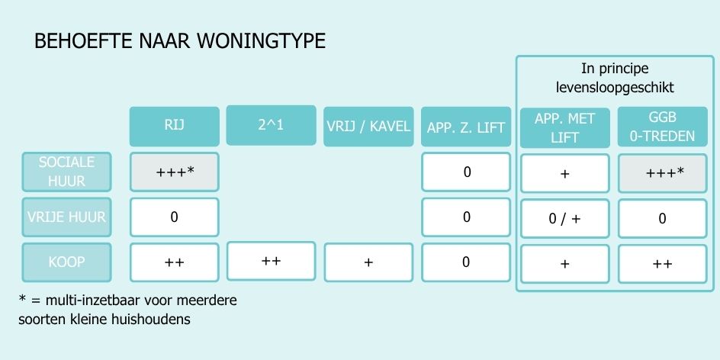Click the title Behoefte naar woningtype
point(180,41)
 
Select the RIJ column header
point(175,127)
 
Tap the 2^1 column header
point(272,125)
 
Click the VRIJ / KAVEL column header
point(368,127)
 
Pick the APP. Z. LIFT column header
point(465,127)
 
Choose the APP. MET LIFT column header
point(565,127)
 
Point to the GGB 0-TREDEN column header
point(662,127)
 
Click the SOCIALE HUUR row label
point(66,172)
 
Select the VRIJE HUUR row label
point(66,217)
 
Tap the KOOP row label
point(66,262)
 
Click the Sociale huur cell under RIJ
point(175,172)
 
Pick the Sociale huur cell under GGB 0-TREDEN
point(662,173)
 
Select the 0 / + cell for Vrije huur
point(565,219)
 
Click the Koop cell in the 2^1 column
point(272,261)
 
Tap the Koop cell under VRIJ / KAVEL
point(368,262)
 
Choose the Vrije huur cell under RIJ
point(175,217)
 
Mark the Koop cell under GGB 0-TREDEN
point(662,264)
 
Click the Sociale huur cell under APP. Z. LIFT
point(465,172)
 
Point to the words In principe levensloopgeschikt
point(615,78)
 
